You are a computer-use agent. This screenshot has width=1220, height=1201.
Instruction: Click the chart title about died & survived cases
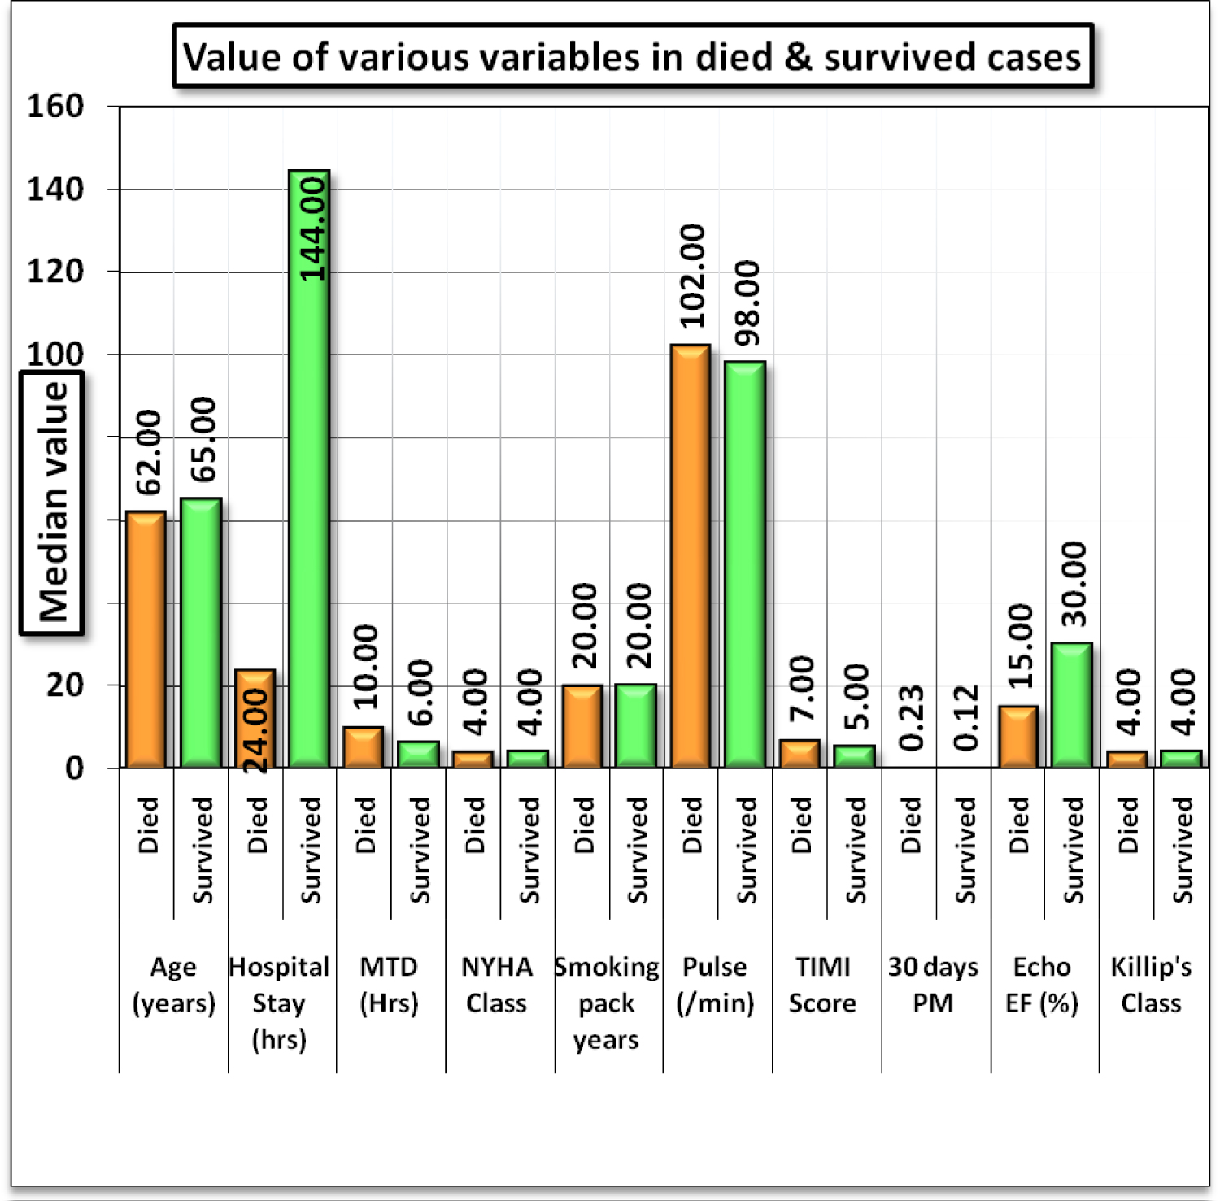pyautogui.click(x=632, y=57)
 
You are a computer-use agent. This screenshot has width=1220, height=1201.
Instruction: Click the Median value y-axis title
pyautogui.click(x=53, y=502)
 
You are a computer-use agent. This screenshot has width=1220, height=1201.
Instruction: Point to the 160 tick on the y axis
pyautogui.click(x=55, y=107)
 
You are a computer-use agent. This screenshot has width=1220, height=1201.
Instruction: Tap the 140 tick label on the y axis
pyautogui.click(x=55, y=189)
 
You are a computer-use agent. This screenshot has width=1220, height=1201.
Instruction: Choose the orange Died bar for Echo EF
pyautogui.click(x=1018, y=738)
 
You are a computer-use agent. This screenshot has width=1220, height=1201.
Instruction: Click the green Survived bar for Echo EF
pyautogui.click(x=1072, y=706)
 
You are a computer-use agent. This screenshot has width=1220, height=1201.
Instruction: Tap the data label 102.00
pyautogui.click(x=693, y=276)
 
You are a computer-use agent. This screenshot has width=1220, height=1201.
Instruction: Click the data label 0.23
pyautogui.click(x=912, y=717)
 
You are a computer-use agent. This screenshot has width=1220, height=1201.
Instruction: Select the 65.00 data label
pyautogui.click(x=203, y=439)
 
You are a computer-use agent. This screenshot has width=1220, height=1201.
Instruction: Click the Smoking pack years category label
pyautogui.click(x=607, y=1003)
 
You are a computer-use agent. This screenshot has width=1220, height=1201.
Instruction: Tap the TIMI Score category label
pyautogui.click(x=823, y=985)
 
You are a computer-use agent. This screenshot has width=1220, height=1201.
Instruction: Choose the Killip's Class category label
pyautogui.click(x=1151, y=985)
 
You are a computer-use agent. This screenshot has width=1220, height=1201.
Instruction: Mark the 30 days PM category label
pyautogui.click(x=933, y=985)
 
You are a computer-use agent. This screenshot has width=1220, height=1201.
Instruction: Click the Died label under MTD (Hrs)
pyautogui.click(x=366, y=825)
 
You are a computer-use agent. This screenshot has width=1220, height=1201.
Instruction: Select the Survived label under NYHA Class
pyautogui.click(x=529, y=850)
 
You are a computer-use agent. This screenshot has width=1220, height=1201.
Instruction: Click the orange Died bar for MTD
pyautogui.click(x=363, y=748)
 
